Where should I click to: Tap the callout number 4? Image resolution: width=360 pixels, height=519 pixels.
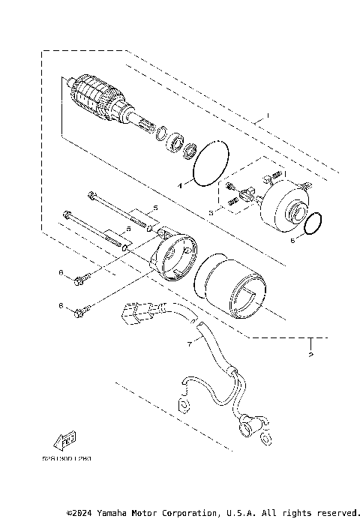click(159, 183)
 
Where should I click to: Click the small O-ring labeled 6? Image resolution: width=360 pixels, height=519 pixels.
click(314, 222)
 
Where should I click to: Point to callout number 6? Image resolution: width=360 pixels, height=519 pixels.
click(292, 241)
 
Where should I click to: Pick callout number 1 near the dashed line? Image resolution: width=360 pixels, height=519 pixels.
click(265, 117)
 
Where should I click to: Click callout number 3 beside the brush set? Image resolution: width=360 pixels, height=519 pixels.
click(211, 214)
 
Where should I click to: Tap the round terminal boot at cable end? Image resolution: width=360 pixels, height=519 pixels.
click(246, 427)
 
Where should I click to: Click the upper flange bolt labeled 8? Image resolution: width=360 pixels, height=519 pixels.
click(80, 280)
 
